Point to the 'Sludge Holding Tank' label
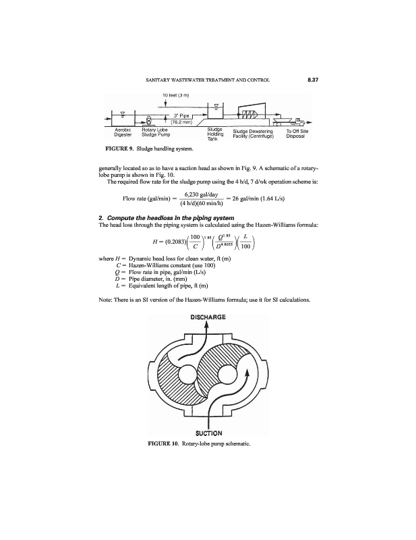215,134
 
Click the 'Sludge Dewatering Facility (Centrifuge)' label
254,132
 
